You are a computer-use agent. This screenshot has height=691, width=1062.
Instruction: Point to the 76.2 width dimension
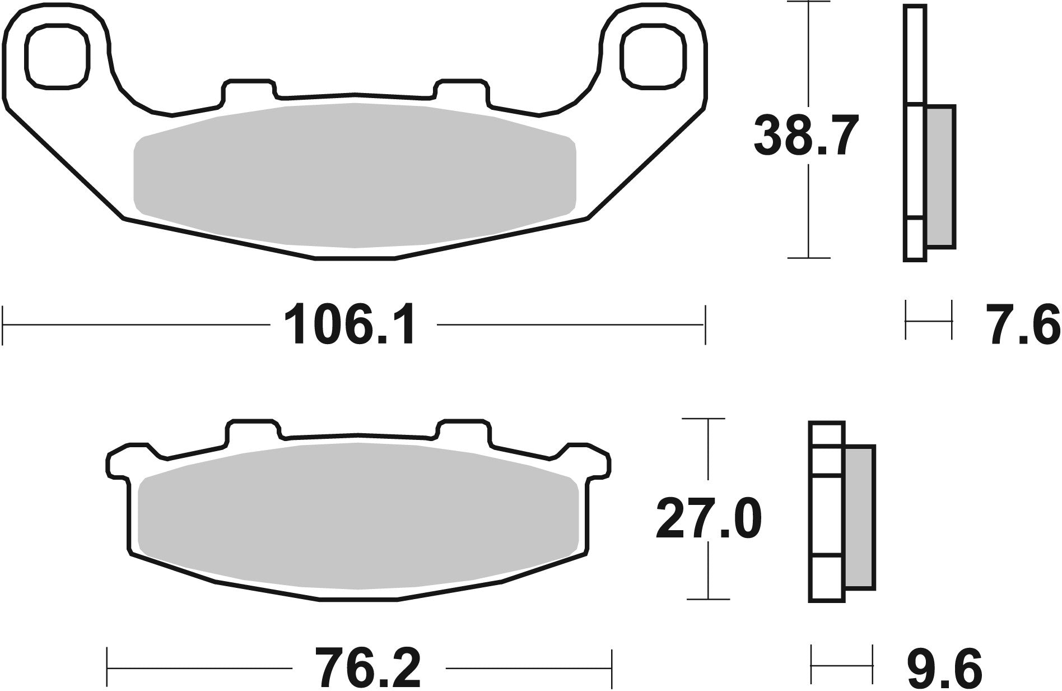(367, 668)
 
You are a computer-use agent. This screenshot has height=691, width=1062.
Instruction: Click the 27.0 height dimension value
(708, 520)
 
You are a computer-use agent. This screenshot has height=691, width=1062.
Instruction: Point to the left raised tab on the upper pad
(249, 90)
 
